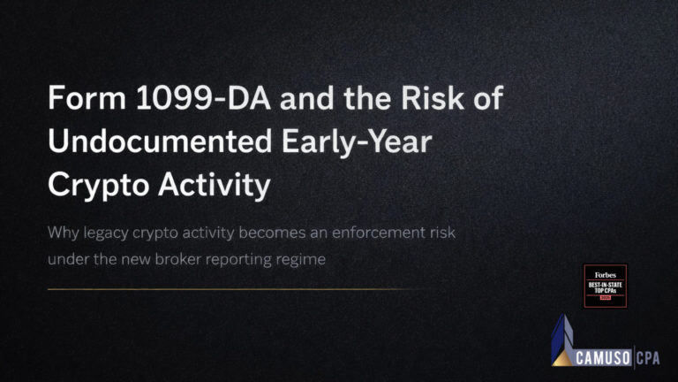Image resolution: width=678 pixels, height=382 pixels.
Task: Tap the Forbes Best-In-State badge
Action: click(x=606, y=286)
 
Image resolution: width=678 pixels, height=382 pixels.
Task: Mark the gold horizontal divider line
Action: click(x=230, y=289)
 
